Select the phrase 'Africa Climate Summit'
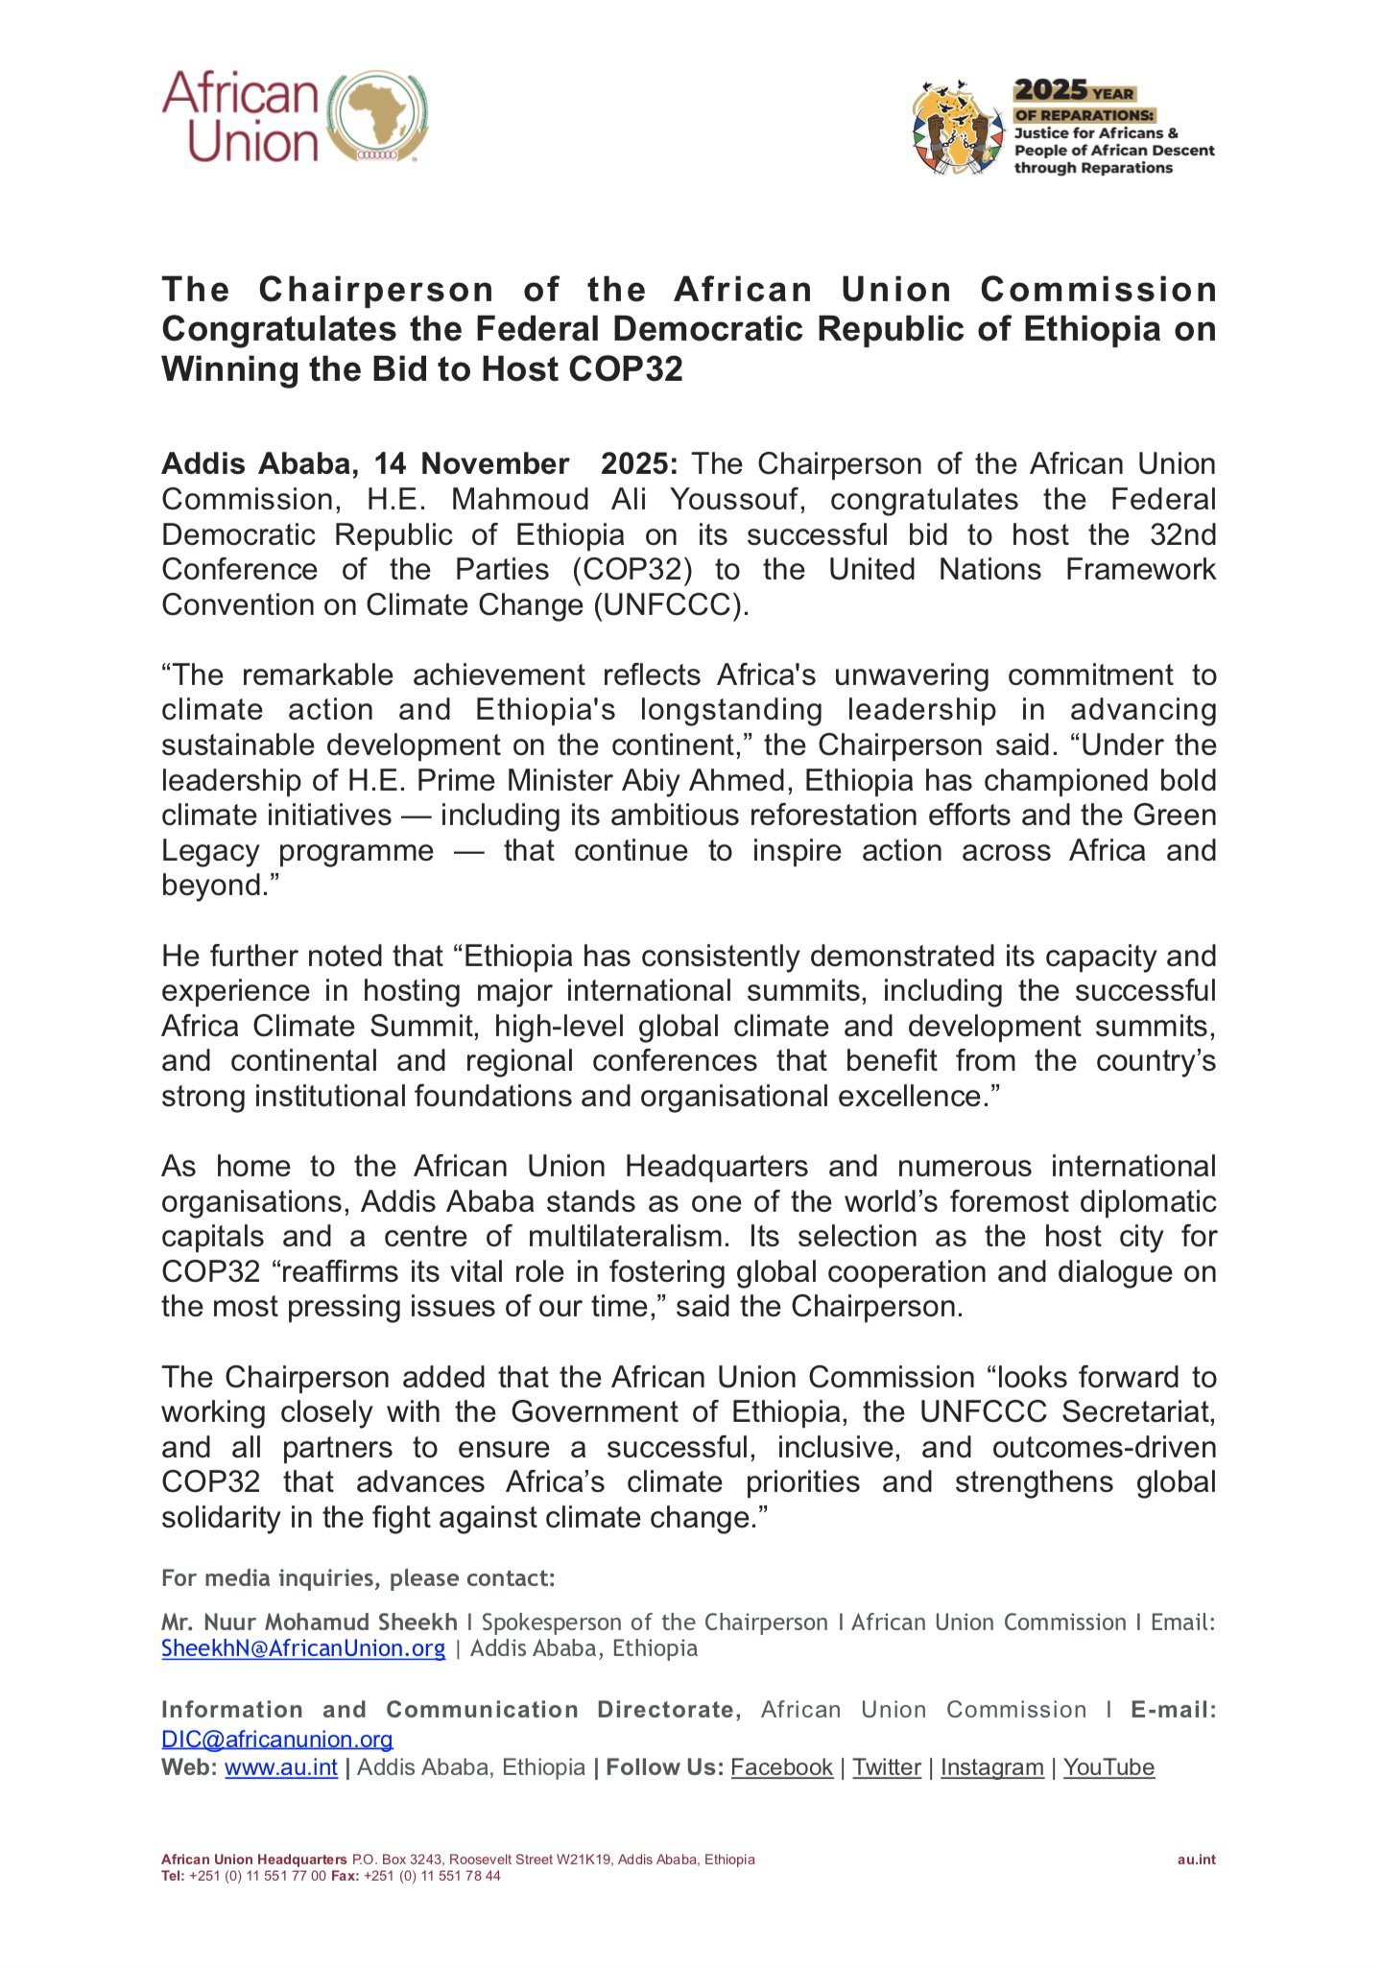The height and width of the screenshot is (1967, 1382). (318, 1027)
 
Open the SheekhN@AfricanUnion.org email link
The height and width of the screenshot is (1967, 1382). (303, 1648)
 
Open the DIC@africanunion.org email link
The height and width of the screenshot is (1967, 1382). (277, 1740)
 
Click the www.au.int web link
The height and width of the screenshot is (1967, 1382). (281, 1767)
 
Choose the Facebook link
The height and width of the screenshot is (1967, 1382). (781, 1767)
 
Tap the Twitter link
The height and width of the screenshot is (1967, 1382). (887, 1767)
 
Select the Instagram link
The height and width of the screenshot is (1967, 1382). (991, 1767)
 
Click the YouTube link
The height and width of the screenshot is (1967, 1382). (1108, 1767)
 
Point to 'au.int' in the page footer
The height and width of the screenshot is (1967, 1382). (1196, 1860)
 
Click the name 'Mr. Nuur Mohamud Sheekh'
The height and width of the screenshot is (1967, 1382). (309, 1623)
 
